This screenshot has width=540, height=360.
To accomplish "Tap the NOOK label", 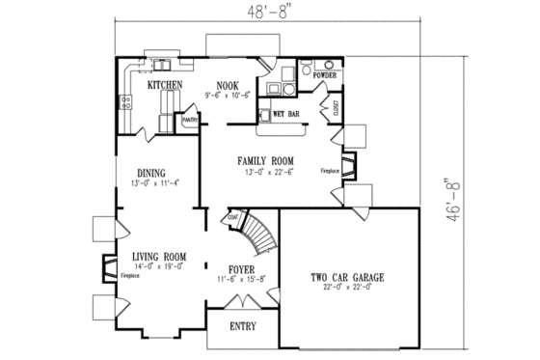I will tap(228, 85).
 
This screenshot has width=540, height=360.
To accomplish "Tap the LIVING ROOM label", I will tap(158, 256).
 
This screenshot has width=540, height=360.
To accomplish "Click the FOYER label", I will tap(240, 269).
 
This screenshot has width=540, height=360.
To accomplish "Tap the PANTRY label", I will tap(190, 121).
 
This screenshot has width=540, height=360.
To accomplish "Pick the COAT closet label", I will tap(233, 218).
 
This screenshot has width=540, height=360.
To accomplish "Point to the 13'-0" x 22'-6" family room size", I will tap(267, 173).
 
